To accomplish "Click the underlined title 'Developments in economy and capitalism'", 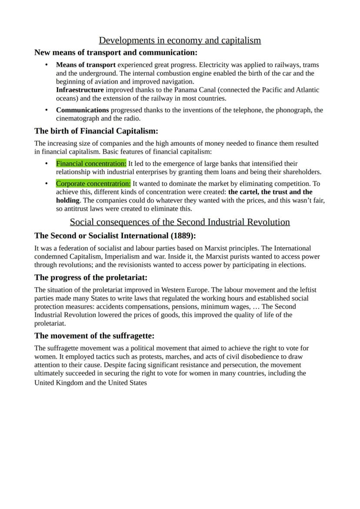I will coord(180,40).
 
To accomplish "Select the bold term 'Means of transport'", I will coord(86,65).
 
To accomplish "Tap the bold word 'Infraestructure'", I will coord(80,90).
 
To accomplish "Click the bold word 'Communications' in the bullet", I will coord(82,110).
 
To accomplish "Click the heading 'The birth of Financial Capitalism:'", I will coord(96,131).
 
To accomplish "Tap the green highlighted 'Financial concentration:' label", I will coord(91,163).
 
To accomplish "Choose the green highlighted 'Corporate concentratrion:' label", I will coord(93,183).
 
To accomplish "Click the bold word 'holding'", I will coord(67,200).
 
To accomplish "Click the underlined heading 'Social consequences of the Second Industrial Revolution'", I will coord(180,222).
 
